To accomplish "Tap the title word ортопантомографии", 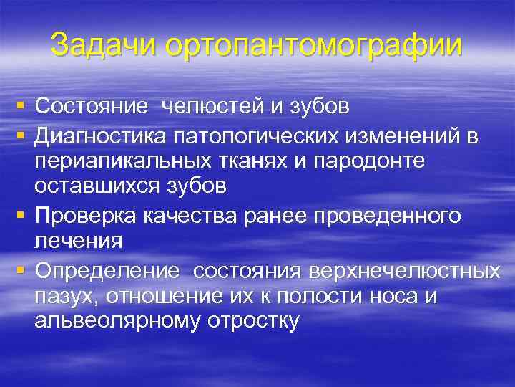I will [314, 46].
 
